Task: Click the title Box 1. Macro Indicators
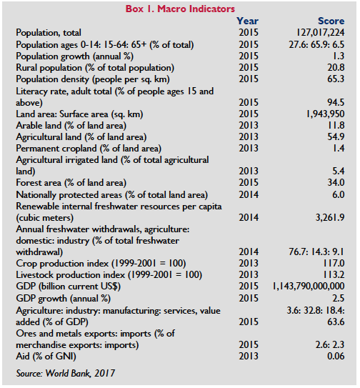[x=180, y=9]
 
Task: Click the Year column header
[x=247, y=21]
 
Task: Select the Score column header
[x=331, y=21]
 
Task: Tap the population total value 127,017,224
[x=321, y=33]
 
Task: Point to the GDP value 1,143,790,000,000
[x=309, y=287]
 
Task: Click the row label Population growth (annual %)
[x=75, y=56]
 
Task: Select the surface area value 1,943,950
[x=326, y=114]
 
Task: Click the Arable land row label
[x=71, y=126]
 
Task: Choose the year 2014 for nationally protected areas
[x=249, y=195]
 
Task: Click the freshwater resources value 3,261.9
[x=330, y=217]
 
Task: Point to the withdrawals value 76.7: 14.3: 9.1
[x=316, y=252]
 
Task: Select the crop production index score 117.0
[x=334, y=263]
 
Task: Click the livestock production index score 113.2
[x=334, y=274]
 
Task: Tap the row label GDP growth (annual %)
[x=64, y=299]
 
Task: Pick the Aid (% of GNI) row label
[x=46, y=357]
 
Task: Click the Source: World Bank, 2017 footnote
[x=66, y=374]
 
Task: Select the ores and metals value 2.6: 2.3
[x=330, y=344]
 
